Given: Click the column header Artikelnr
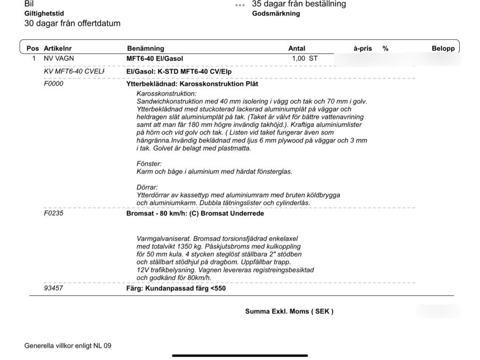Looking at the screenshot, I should [x=58, y=49].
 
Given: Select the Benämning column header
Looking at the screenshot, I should [x=146, y=49].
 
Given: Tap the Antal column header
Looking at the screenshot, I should [x=297, y=49].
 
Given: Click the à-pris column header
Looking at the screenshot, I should [x=363, y=49].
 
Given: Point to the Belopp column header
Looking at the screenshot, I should [x=443, y=49].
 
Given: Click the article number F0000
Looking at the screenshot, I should [x=53, y=84].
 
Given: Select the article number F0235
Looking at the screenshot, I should [x=53, y=214].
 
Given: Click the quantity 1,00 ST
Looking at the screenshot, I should [x=305, y=58].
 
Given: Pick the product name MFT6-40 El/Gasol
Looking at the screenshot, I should [x=158, y=58].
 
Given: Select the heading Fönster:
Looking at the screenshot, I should [x=149, y=164].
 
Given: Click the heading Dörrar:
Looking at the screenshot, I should [x=147, y=188].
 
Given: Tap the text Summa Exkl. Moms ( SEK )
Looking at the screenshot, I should [x=289, y=311].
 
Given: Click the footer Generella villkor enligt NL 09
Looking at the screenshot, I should [x=68, y=346].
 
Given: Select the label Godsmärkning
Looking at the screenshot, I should [x=275, y=14].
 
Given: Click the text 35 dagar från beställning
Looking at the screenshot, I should [x=298, y=4].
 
